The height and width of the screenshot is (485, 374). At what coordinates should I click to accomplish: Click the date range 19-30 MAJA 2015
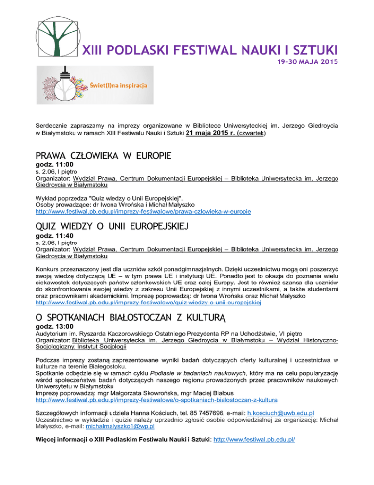(305, 63)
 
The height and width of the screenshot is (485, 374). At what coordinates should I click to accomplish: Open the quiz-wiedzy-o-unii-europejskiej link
(149, 303)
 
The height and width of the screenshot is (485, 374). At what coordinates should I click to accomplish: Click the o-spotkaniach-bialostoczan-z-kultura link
(157, 400)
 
